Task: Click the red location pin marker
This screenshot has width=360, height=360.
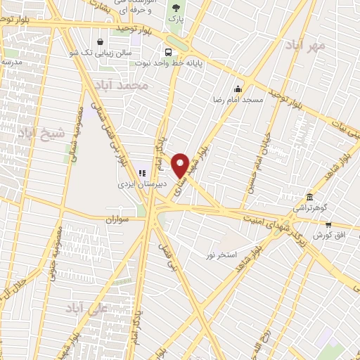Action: tap(181, 165)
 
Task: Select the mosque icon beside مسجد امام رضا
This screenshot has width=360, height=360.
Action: tap(238, 89)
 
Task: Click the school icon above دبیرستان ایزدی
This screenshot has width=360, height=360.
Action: tap(141, 173)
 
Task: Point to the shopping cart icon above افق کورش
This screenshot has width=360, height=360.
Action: tap(328, 224)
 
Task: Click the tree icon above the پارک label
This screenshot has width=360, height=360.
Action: tap(175, 8)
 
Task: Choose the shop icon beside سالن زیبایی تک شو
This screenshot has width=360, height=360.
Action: tap(102, 41)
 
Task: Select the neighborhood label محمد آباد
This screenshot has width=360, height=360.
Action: tap(124, 85)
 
